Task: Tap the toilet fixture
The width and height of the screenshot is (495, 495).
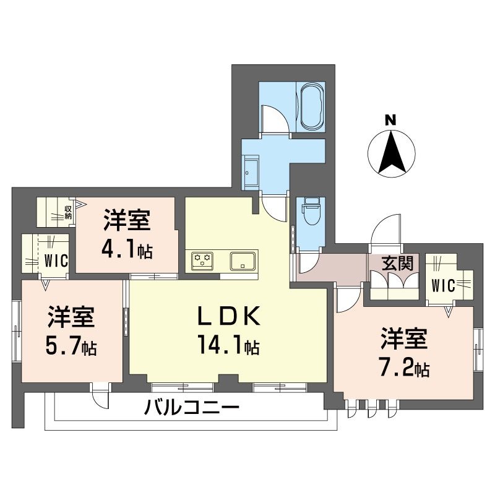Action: click(311, 211)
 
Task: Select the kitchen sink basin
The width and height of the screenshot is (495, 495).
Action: click(243, 261)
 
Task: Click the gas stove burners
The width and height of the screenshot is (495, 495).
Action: click(202, 260)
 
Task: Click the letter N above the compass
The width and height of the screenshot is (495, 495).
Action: click(390, 119)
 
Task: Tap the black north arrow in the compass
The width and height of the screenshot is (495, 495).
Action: click(392, 152)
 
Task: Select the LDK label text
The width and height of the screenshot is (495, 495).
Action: click(229, 316)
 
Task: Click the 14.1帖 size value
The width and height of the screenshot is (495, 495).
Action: click(228, 345)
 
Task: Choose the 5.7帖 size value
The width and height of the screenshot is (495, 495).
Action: click(71, 346)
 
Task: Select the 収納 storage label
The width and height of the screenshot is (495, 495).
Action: click(68, 212)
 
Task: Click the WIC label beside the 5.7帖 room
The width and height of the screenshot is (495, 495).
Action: click(56, 261)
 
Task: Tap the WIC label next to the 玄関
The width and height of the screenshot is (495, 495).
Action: click(443, 286)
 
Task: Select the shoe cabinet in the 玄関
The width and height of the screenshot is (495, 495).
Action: click(394, 285)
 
